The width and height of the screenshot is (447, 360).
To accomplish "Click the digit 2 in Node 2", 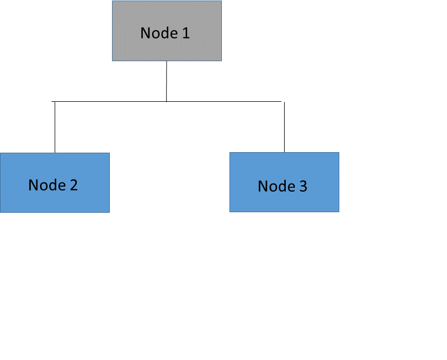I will pos(74,185).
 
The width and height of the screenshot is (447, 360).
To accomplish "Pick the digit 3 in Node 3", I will pos(303,186).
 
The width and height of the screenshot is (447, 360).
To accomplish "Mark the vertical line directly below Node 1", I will pos(166,81).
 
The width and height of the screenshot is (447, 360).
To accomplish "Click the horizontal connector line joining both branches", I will pos(222,101).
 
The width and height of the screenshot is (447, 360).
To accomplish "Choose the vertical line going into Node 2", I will pos(55,127).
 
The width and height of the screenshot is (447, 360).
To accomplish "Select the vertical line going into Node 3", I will pos(284,127).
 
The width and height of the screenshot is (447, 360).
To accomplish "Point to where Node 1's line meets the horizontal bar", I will pos(166,101).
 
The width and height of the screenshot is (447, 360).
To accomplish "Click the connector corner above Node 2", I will pos(55,101).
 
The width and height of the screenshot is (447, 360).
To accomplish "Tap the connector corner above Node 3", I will pos(284,101).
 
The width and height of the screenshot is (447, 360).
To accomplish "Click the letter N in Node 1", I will pos(145,33).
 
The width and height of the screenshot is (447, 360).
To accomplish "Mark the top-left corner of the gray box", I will pos(113,1).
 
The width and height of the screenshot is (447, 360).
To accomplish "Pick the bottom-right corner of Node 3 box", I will pos(339,211).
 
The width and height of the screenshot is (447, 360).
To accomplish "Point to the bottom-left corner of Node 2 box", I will pos(1,212).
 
